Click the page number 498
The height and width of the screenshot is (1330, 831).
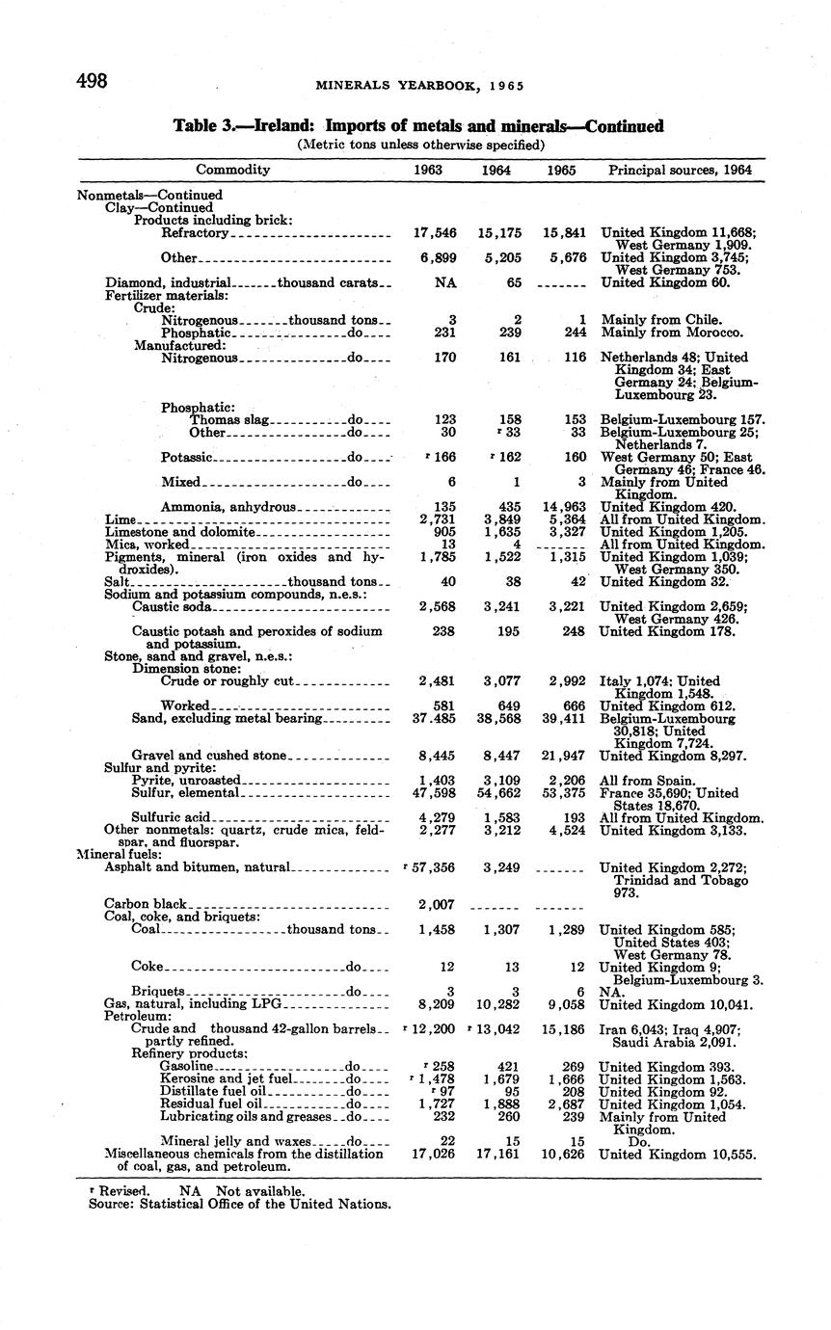point(93,81)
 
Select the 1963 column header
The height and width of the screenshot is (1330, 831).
point(427,170)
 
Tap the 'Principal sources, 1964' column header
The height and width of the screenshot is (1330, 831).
point(680,170)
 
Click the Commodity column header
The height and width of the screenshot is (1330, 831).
point(233,170)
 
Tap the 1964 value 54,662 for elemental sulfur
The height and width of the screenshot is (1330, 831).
point(501,792)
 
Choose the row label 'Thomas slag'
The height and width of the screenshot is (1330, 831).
point(229,419)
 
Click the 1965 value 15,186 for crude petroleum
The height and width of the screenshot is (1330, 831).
point(563,1028)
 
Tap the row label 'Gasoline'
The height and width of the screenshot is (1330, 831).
point(186,1066)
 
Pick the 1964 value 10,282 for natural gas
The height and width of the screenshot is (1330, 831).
point(501,1003)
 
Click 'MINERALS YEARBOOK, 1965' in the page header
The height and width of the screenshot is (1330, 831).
point(420,86)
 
